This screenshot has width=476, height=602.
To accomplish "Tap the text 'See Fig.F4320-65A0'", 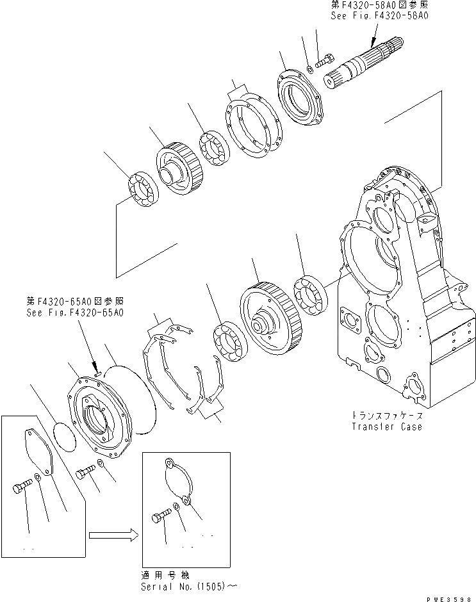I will pos(75,312).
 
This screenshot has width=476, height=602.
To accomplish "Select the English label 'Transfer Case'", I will pos(387,427).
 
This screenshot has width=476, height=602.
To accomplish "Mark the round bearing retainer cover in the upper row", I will pos(302,97).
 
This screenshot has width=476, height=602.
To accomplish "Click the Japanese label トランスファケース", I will pos(387,414).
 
